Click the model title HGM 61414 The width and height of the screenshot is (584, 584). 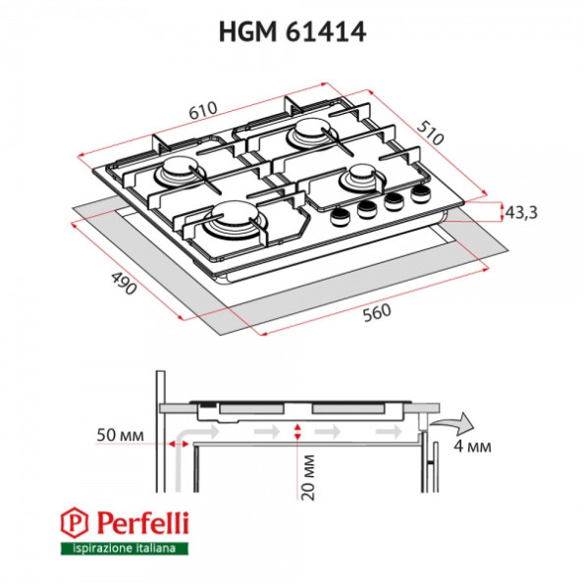(x=292, y=32)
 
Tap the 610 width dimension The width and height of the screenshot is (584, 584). (x=202, y=110)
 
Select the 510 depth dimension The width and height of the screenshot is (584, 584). (x=430, y=133)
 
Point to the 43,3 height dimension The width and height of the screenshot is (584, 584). (x=521, y=213)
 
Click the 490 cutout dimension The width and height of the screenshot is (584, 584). (x=124, y=283)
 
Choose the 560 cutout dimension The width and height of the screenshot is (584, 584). (x=377, y=313)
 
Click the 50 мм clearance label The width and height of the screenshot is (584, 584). (x=120, y=435)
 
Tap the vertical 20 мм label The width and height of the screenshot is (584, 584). (x=307, y=477)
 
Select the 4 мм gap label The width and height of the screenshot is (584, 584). (x=472, y=446)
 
